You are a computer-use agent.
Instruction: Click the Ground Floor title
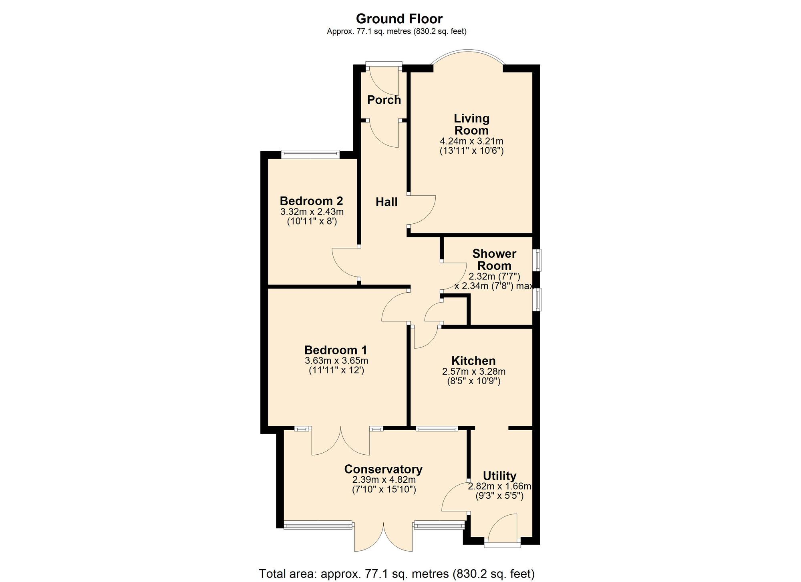pos(399,19)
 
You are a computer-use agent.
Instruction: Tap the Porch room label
pos(384,100)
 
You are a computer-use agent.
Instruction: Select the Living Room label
pos(471,124)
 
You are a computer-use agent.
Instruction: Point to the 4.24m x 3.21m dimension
pos(471,141)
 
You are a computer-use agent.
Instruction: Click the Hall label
pos(386,202)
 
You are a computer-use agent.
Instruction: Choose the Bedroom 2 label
pos(311,201)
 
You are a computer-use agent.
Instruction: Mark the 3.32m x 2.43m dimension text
pos(312,211)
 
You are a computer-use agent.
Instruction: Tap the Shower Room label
pos(494,259)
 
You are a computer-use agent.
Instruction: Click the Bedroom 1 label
pos(336,350)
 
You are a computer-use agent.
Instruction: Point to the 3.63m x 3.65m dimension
pos(336,361)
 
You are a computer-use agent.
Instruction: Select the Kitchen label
pos(473,361)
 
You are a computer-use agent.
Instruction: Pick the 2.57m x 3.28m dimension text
pos(474,371)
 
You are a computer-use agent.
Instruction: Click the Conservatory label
pos(383,469)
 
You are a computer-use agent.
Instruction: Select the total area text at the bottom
pos(396,574)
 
